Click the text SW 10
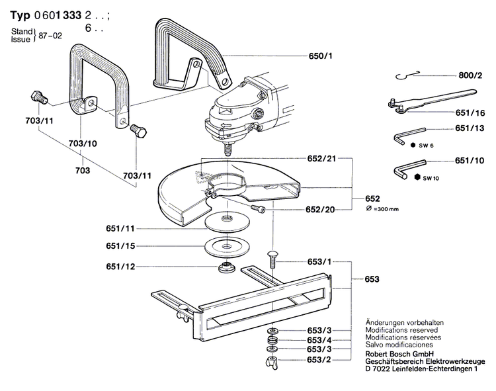coord(431,178)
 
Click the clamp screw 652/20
coord(259,209)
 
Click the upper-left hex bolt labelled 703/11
coord(37,97)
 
